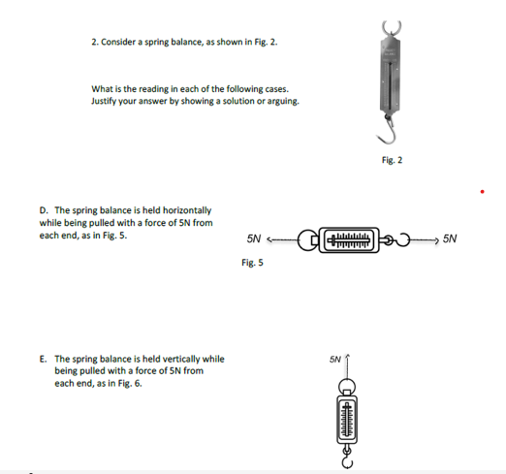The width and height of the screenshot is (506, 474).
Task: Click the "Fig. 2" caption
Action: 393,160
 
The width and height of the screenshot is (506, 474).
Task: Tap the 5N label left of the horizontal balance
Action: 255,237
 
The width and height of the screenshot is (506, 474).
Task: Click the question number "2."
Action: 95,43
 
